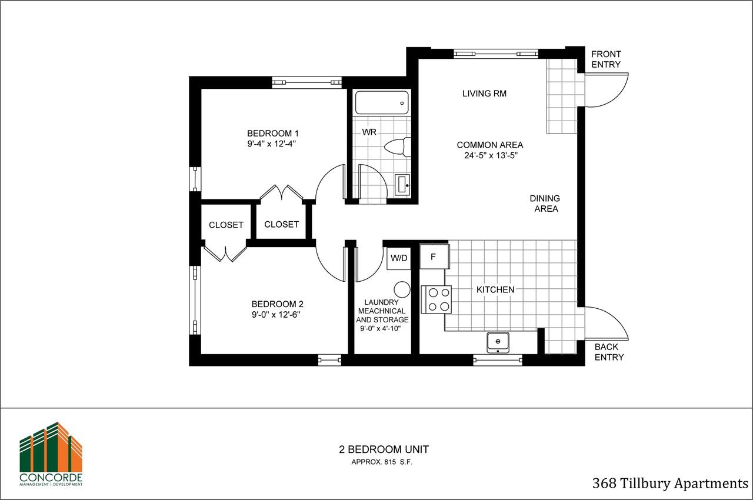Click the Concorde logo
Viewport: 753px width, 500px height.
pyautogui.click(x=51, y=454)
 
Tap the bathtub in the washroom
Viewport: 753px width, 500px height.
pyautogui.click(x=382, y=102)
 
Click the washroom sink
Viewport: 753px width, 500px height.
pyautogui.click(x=403, y=184)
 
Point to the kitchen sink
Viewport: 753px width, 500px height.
pyautogui.click(x=498, y=342)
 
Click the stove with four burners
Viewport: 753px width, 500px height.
pyautogui.click(x=437, y=299)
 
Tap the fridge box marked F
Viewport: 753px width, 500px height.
pyautogui.click(x=434, y=256)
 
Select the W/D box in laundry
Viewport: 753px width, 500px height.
pyautogui.click(x=398, y=258)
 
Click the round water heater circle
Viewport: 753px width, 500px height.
pyautogui.click(x=402, y=289)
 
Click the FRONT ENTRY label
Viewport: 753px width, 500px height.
pyautogui.click(x=606, y=59)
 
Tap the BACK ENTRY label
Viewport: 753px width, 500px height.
pyautogui.click(x=609, y=352)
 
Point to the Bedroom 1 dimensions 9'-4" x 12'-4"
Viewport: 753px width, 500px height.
pyautogui.click(x=271, y=144)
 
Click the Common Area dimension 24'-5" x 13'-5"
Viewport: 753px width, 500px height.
pyautogui.click(x=489, y=156)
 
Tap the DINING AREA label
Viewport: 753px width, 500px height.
pyautogui.click(x=545, y=204)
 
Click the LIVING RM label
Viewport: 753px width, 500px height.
pyautogui.click(x=484, y=94)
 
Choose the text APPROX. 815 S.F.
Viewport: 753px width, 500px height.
pyautogui.click(x=382, y=462)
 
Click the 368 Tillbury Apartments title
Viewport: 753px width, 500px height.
pyautogui.click(x=669, y=484)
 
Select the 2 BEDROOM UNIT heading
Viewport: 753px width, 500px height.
pyautogui.click(x=384, y=449)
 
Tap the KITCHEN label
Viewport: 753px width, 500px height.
pyautogui.click(x=495, y=289)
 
